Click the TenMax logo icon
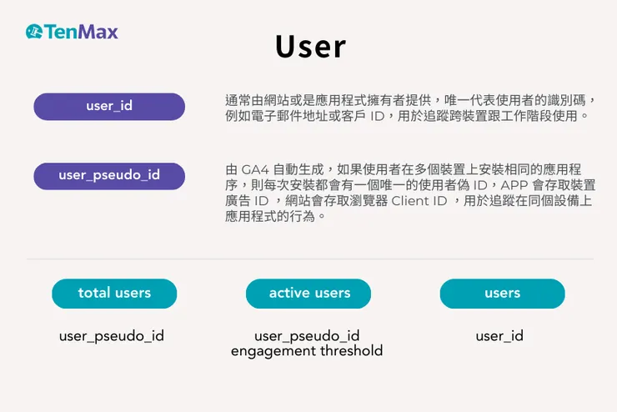tap(34, 33)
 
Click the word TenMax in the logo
tap(82, 33)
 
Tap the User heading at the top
tap(310, 48)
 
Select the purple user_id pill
tap(109, 106)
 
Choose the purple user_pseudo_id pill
tap(109, 176)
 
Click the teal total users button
tap(114, 294)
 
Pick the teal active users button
tap(308, 294)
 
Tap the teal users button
tap(502, 294)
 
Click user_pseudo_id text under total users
tap(112, 336)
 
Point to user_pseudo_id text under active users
tap(307, 336)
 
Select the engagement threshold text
tap(307, 351)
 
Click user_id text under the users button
tap(499, 336)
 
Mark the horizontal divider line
tap(308, 259)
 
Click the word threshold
tap(351, 351)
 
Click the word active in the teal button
tap(288, 294)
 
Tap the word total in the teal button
tap(94, 294)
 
